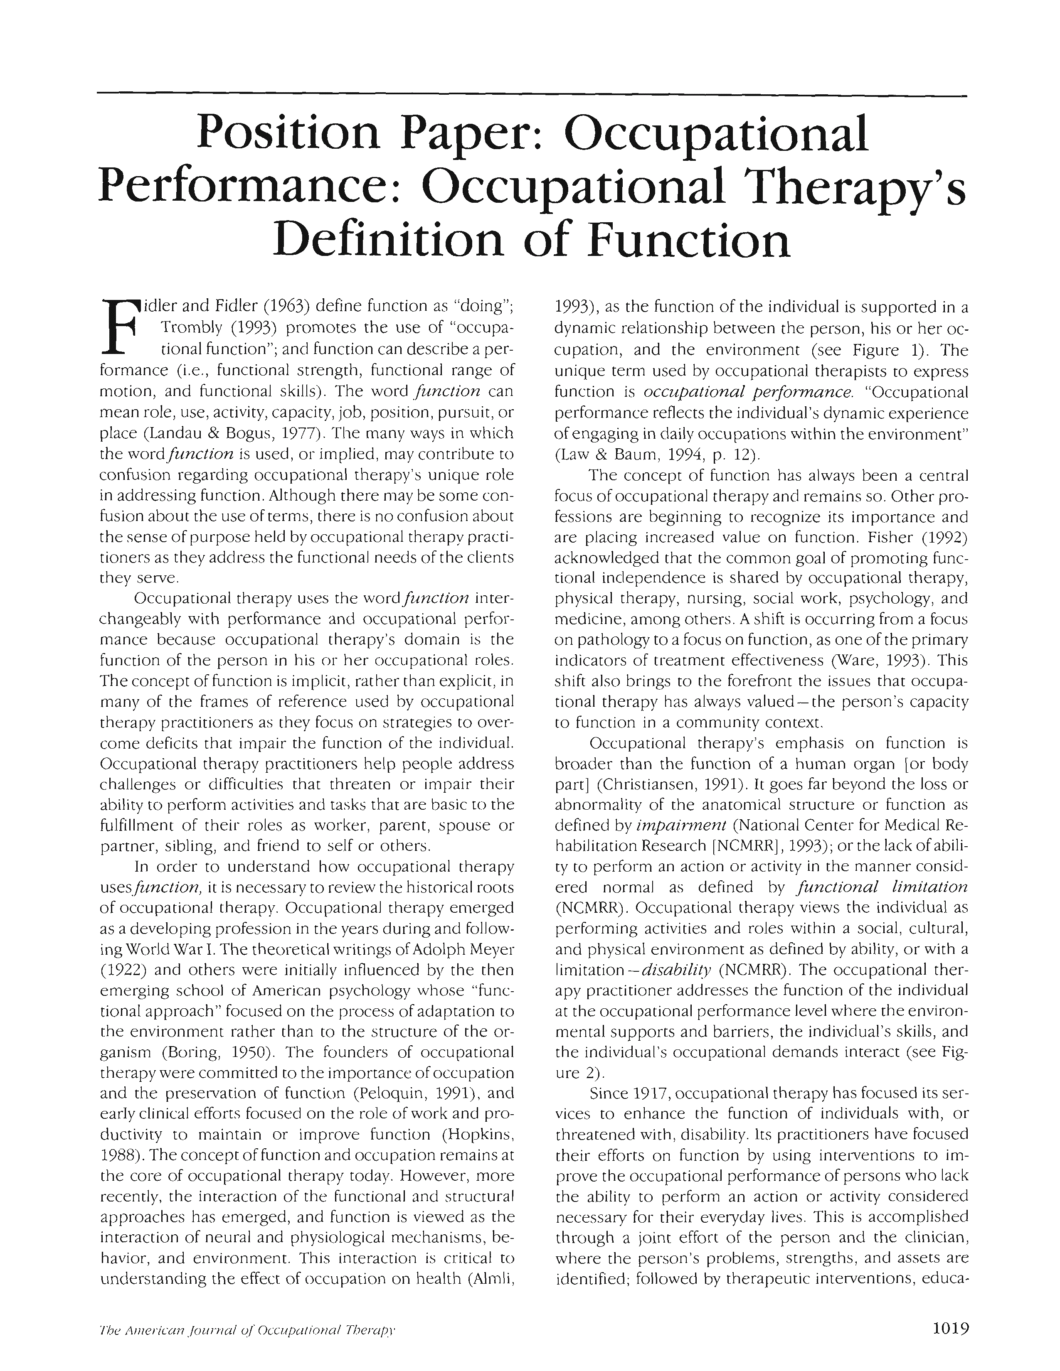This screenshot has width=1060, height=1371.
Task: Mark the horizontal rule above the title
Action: click(x=531, y=95)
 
